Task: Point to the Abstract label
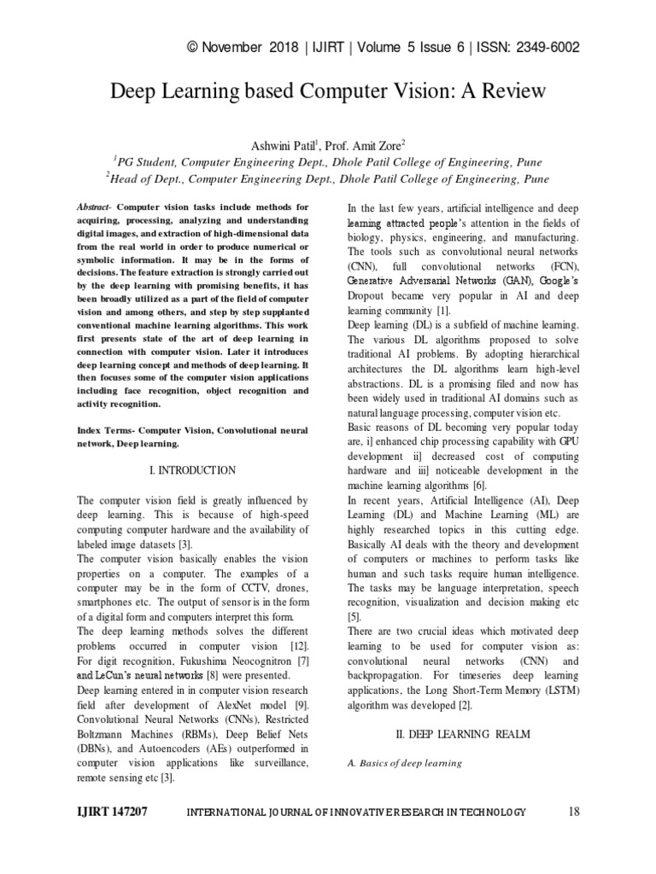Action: tap(94, 207)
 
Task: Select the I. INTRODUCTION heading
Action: tap(192, 470)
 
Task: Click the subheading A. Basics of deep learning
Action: tap(404, 763)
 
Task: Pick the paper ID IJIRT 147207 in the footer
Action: tap(112, 812)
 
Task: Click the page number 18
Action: tap(573, 812)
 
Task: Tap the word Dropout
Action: tap(368, 294)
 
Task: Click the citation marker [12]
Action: tap(298, 646)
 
